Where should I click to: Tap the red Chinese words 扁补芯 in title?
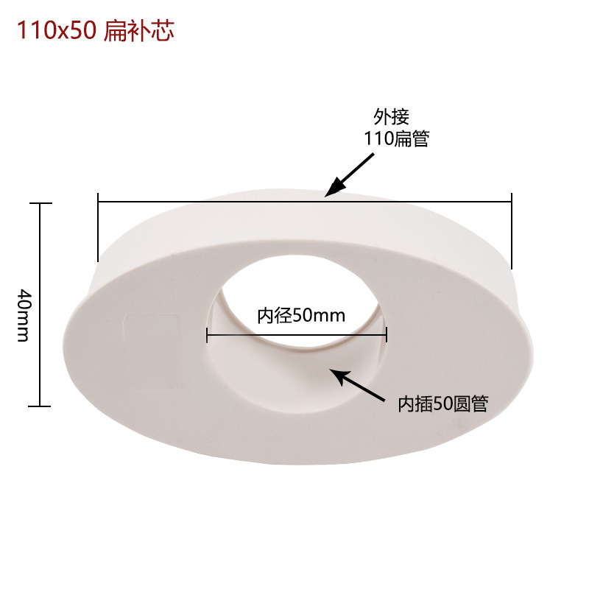click(x=138, y=32)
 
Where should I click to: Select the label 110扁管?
click(x=396, y=138)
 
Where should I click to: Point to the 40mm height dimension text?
click(x=23, y=314)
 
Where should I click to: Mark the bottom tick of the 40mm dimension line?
click(x=40, y=406)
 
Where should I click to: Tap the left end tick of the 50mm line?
click(x=208, y=336)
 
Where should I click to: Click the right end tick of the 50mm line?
click(x=385, y=336)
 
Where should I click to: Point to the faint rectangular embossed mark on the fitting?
click(x=153, y=352)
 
